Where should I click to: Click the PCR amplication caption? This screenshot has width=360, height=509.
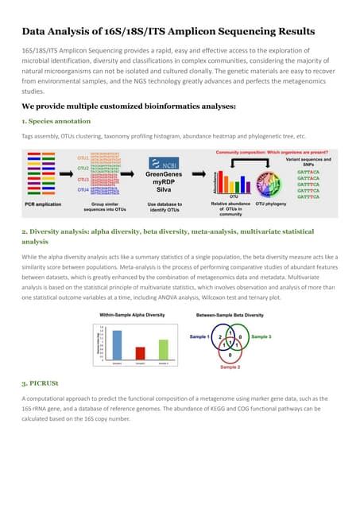coord(39,204)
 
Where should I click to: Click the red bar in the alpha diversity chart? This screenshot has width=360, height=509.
coord(141,353)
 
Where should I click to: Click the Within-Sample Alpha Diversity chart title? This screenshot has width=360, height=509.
coord(131,315)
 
